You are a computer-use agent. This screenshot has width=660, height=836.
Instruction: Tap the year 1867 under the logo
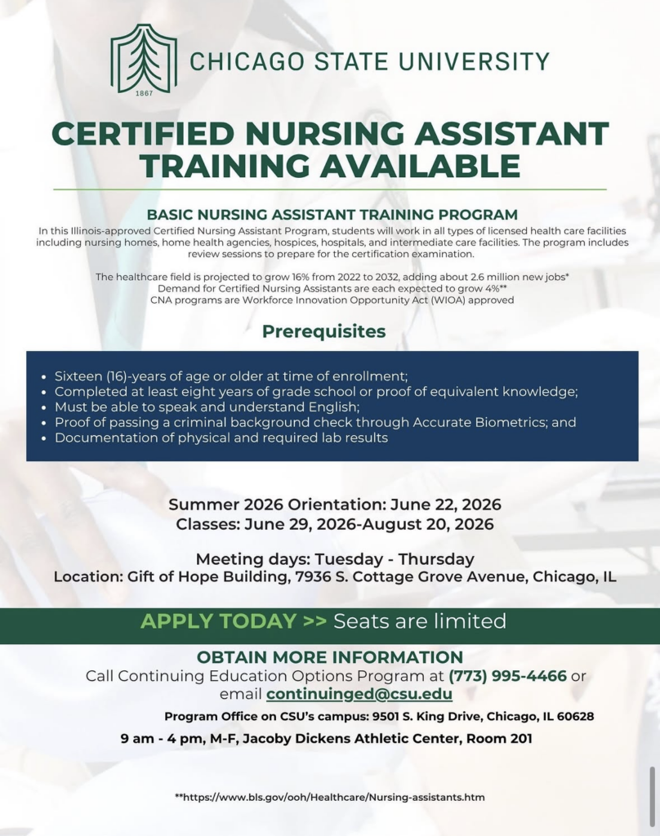144,93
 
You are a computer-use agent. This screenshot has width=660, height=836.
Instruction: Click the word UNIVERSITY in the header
475,61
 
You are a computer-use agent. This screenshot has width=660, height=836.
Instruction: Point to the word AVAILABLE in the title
421,165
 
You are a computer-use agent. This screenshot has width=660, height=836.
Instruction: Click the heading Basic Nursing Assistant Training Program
332,215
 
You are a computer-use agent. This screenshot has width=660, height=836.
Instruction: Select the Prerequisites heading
323,331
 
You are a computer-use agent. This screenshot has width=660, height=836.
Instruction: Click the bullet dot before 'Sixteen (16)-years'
44,377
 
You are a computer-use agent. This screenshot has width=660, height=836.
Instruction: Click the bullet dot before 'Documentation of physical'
44,438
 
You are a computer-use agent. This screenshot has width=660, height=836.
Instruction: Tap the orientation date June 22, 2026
445,505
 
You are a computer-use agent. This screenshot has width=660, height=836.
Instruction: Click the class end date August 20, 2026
428,524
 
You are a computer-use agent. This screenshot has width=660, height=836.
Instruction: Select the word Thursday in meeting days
436,559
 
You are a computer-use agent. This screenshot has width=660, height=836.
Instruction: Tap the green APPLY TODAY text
218,621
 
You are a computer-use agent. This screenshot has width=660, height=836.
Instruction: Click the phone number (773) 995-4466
507,676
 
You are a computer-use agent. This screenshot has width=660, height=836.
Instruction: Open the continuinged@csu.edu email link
359,694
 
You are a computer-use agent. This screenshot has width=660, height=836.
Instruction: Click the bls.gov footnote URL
330,798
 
